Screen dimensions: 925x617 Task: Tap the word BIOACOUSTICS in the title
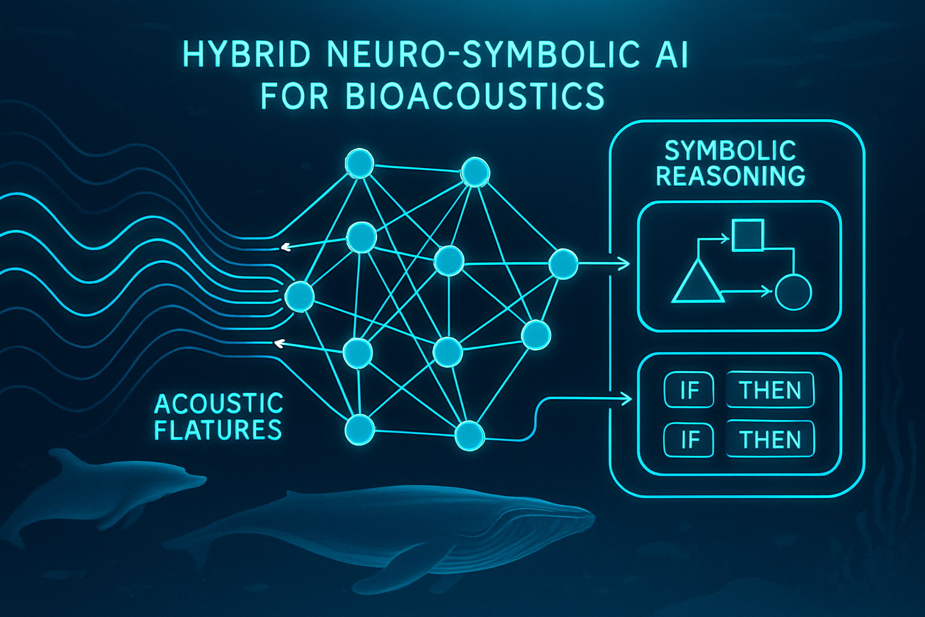point(475,97)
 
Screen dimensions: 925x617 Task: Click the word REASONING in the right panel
point(730,176)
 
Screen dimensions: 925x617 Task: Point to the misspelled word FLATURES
point(218,430)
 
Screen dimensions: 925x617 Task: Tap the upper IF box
point(689,390)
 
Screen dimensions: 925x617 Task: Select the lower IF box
point(689,440)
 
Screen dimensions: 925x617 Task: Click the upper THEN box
point(770,390)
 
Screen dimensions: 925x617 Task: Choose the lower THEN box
point(770,440)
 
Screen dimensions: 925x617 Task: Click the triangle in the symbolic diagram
point(697,283)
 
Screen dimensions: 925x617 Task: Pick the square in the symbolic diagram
point(747,236)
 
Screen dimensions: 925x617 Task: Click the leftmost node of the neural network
point(299,296)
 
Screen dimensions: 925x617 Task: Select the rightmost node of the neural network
point(564,263)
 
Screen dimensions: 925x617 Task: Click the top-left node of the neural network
point(359,163)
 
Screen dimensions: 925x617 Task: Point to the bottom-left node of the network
point(360,430)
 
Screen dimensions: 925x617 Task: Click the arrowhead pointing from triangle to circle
point(767,292)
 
